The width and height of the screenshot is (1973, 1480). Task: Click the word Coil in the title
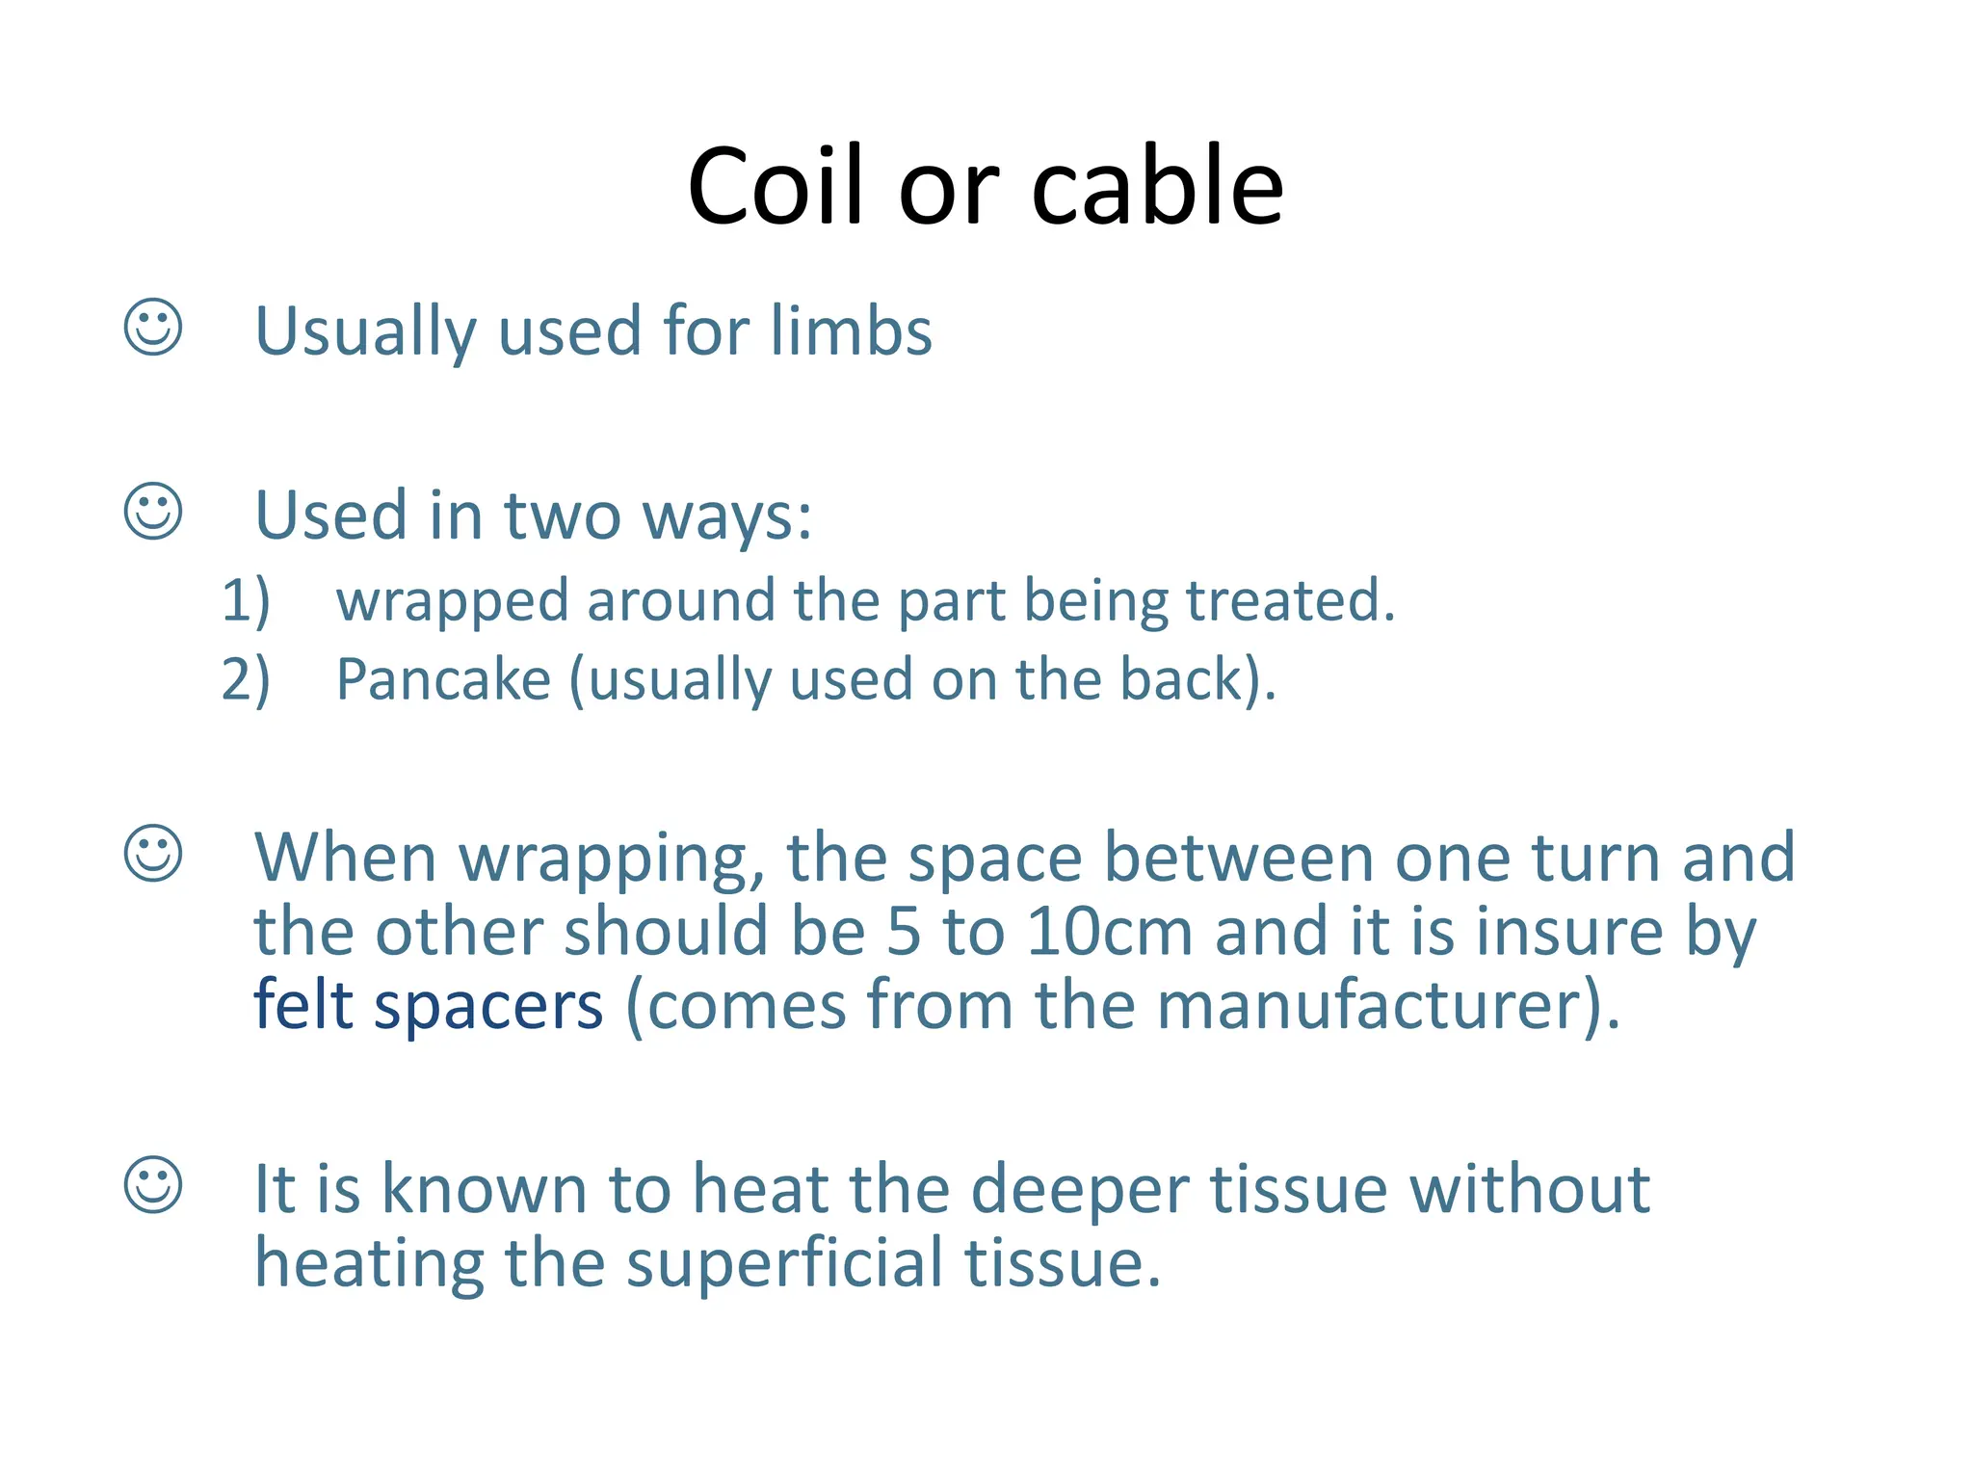coord(776,186)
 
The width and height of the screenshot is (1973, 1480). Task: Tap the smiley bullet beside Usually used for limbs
coord(153,327)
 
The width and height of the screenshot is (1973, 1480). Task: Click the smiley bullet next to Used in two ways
coord(153,511)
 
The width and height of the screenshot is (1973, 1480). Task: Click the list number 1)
coord(246,600)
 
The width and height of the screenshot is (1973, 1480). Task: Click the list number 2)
coord(246,679)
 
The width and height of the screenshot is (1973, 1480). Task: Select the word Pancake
coord(443,679)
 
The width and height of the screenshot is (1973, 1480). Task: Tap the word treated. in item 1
coord(1290,600)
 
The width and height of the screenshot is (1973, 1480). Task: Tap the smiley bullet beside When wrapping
coord(153,853)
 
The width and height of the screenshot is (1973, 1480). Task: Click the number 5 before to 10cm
coord(904,932)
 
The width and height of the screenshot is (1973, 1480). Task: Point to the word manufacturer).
coord(1388,1005)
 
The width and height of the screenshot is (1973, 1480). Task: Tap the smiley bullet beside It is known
coord(153,1184)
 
